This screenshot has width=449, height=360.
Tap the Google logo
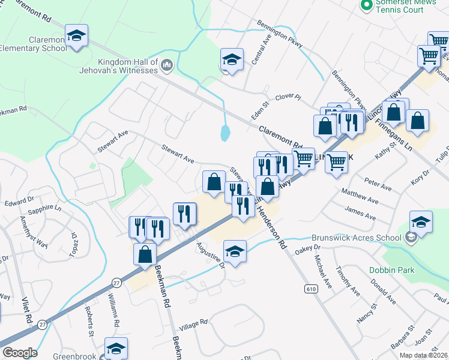pos(19,352)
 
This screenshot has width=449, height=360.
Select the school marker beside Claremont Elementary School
pos(76,37)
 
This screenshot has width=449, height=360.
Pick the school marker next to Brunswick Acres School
pos(421,222)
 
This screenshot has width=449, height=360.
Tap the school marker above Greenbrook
pos(116,349)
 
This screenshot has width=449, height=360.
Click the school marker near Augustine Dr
pos(235,251)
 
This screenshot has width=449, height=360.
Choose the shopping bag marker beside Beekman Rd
pos(145,254)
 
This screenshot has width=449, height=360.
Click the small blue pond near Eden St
pos(224,132)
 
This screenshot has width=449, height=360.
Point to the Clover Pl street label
pos(288,97)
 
